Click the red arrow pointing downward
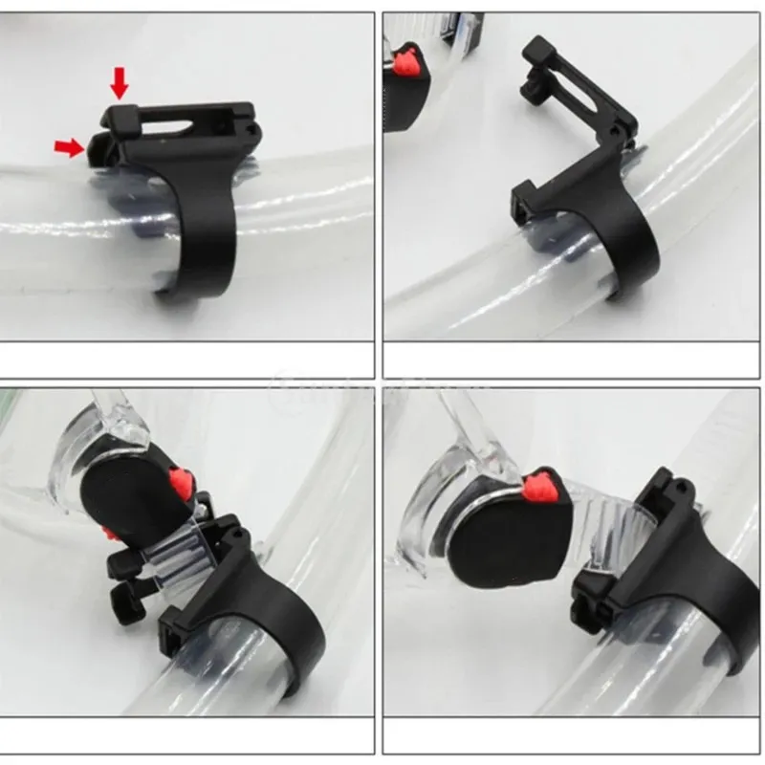119,83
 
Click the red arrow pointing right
67,145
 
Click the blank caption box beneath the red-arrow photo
186,360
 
